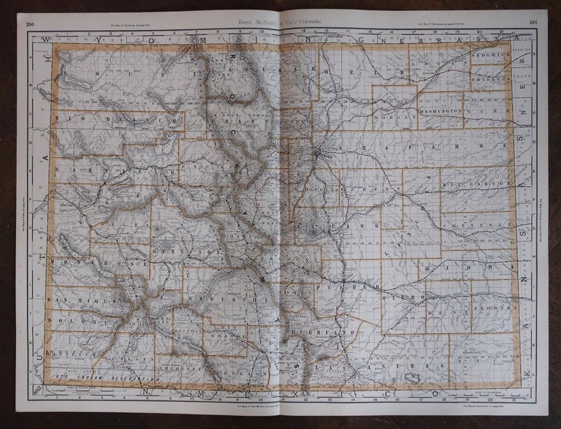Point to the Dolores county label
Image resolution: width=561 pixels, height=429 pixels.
73,319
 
